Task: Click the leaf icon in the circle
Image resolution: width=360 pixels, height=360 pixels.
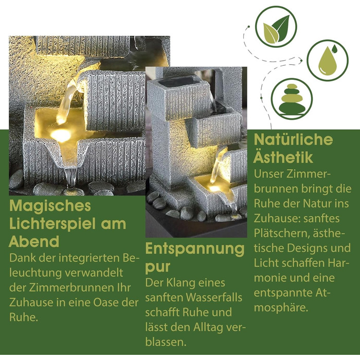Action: pyautogui.click(x=276, y=29)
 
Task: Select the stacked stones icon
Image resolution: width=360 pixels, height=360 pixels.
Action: pyautogui.click(x=292, y=99)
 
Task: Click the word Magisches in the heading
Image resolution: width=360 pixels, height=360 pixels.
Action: pyautogui.click(x=50, y=206)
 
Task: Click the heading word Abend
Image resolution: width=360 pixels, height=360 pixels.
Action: pyautogui.click(x=34, y=242)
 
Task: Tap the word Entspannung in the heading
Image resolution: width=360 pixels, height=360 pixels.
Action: pyautogui.click(x=195, y=249)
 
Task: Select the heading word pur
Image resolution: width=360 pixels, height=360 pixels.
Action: pyautogui.click(x=158, y=267)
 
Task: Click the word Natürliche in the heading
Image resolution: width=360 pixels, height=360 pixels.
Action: pyautogui.click(x=294, y=139)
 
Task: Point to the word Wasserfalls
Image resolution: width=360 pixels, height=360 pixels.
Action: pyautogui.click(x=214, y=298)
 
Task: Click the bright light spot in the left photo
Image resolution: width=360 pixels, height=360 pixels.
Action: pyautogui.click(x=61, y=134)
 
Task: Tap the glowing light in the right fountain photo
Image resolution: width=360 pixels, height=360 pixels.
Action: pyautogui.click(x=214, y=188)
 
